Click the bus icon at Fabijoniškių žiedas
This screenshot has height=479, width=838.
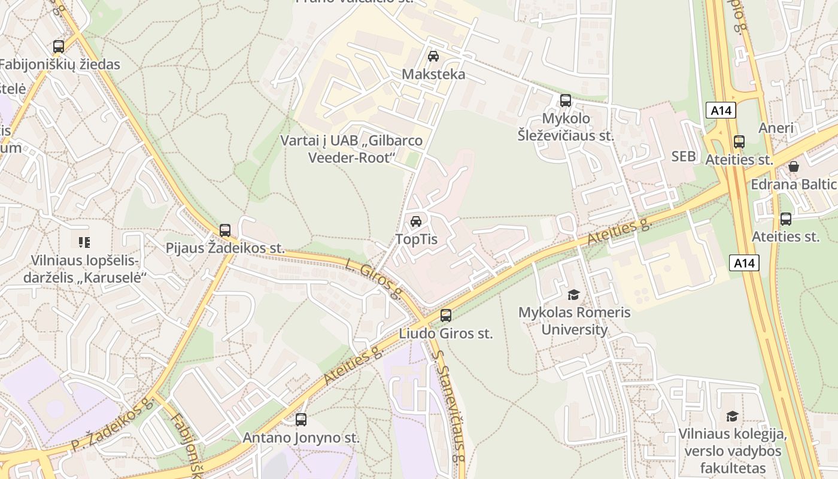pyautogui.click(x=59, y=47)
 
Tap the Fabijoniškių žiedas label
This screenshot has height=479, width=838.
pyautogui.click(x=60, y=65)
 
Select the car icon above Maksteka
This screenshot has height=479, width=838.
pyautogui.click(x=433, y=56)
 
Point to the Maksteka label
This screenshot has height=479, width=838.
pyautogui.click(x=433, y=74)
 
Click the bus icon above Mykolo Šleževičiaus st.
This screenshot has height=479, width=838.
pyautogui.click(x=566, y=101)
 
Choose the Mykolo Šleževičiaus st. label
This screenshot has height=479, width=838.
pyautogui.click(x=566, y=127)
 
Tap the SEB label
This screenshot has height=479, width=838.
pyautogui.click(x=684, y=156)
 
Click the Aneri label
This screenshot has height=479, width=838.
pyautogui.click(x=776, y=128)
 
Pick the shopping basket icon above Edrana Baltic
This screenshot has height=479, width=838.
pyautogui.click(x=794, y=166)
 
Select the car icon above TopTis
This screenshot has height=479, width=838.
pyautogui.click(x=416, y=222)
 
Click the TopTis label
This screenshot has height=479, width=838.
pyautogui.click(x=416, y=239)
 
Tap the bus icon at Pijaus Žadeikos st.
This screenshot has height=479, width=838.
pyautogui.click(x=225, y=231)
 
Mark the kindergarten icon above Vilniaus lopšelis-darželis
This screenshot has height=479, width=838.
pyautogui.click(x=84, y=242)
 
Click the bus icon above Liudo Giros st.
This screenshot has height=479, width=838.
pyautogui.click(x=446, y=316)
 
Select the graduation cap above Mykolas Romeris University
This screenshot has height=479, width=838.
pyautogui.click(x=574, y=295)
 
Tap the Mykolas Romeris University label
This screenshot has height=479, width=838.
pyautogui.click(x=574, y=321)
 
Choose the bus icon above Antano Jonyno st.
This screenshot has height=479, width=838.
pyautogui.click(x=301, y=420)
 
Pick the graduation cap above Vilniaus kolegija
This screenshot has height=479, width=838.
pyautogui.click(x=732, y=416)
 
